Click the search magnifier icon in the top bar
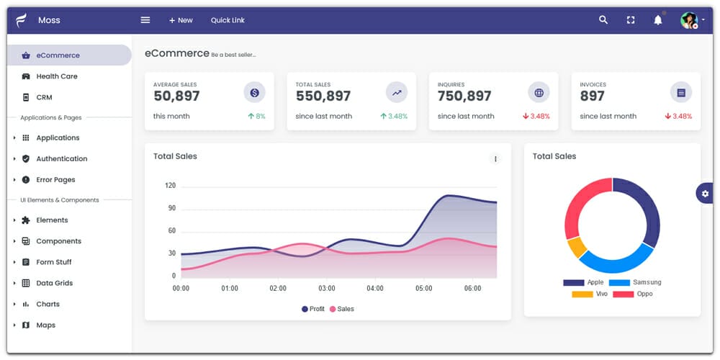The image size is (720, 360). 603,20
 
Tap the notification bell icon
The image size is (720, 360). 657,20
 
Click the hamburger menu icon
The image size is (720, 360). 145,20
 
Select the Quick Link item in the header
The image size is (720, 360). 228,20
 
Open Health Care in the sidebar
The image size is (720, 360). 56,76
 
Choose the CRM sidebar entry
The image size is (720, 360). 44,97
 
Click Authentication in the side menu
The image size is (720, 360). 61,158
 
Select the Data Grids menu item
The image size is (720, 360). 54,283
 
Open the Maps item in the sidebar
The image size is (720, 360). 45,325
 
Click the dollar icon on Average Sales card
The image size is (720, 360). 254,92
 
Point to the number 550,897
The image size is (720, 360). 323,96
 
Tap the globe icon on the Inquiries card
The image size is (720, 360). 539,92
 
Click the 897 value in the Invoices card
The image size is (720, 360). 592,96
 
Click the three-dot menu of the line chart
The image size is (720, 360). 495,158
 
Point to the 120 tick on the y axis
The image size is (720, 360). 170,186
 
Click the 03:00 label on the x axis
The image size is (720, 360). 327,289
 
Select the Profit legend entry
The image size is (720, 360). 313,309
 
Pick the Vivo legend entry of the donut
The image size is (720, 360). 590,294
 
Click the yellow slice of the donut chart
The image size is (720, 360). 577,248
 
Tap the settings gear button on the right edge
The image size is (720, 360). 704,193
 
